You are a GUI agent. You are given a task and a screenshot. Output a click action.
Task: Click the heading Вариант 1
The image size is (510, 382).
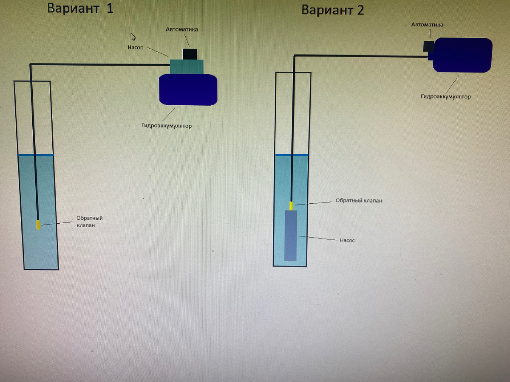coord(80,8)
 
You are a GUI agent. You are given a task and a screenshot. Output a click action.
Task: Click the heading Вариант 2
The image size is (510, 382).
coord(332,10)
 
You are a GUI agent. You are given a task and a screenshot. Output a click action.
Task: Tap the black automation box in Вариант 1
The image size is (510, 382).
coord(190,54)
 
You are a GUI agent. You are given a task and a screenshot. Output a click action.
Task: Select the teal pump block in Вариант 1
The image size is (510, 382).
coord(187,66)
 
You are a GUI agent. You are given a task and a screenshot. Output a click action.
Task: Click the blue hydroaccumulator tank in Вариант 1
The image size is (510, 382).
coord(188,90)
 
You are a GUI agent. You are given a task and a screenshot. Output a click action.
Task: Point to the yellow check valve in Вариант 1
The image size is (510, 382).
coord(38,225)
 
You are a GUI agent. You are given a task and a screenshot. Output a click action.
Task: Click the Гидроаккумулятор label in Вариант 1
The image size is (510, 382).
coord(167,126)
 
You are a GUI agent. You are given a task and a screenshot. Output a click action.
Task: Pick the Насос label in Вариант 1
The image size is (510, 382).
coord(135,47)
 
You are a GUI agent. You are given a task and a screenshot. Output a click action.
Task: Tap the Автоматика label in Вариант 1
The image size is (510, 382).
coord(181,30)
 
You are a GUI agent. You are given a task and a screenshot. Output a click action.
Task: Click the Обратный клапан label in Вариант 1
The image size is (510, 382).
coord(89,222)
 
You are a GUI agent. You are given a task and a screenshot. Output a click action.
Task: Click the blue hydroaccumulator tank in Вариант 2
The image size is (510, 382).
coord(462,55)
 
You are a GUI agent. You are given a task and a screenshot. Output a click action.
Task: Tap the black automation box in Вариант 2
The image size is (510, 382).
coord(428,46)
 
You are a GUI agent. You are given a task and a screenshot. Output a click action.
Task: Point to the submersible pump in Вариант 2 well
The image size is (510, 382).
coord(290,236)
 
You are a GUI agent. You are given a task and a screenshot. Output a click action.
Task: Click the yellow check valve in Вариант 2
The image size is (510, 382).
coord(291,206)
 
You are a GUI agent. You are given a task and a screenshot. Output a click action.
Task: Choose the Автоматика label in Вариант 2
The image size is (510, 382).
coord(427,25)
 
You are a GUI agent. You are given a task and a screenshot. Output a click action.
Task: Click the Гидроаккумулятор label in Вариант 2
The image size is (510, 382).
coord(446,97)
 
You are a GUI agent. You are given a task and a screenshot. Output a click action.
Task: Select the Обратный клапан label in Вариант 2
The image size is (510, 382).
coord(359,200)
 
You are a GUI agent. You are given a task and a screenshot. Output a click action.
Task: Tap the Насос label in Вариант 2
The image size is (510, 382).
coord(347,240)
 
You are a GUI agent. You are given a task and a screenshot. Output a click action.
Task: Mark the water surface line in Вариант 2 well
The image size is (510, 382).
coord(292,155)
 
